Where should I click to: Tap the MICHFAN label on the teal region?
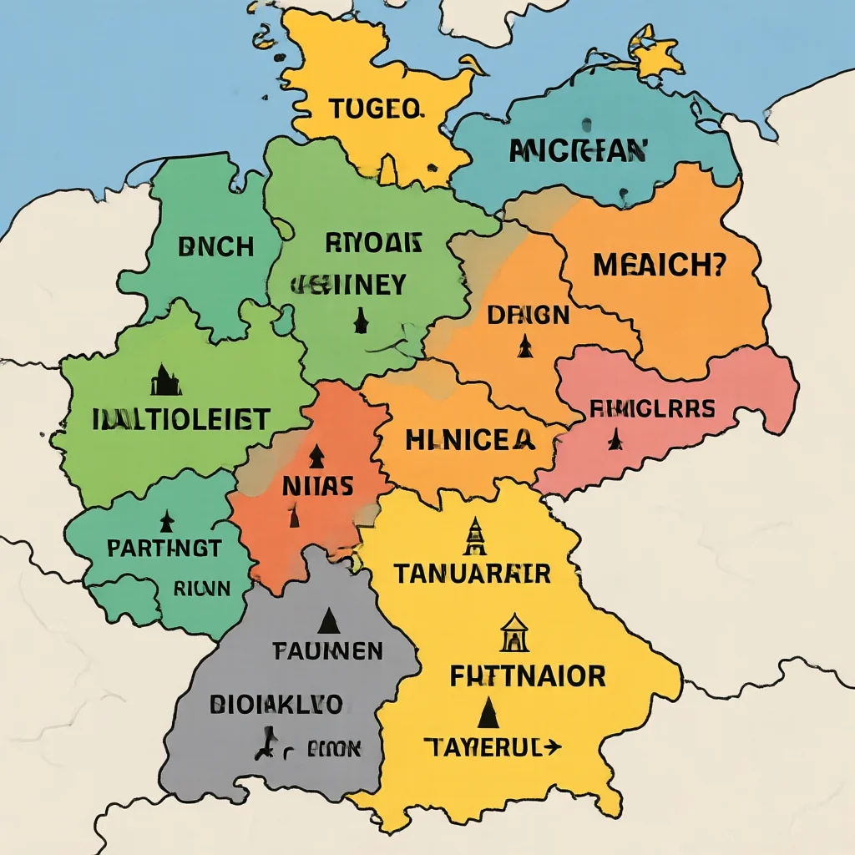coord(578,150)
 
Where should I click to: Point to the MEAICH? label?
coord(660,266)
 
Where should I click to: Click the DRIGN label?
coord(528,316)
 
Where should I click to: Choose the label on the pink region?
coord(651,409)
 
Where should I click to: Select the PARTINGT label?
coord(164,549)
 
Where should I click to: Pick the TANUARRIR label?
coord(472,574)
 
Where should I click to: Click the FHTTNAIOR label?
coord(527,676)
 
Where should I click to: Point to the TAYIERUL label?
coord(492,746)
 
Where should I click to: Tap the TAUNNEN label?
coord(327,650)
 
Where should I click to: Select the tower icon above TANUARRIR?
coord(474,536)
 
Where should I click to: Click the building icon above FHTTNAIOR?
coord(514,634)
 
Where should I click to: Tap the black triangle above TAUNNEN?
coord(328,620)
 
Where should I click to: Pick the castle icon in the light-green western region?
coord(165,380)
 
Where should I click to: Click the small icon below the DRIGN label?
coord(524,345)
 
